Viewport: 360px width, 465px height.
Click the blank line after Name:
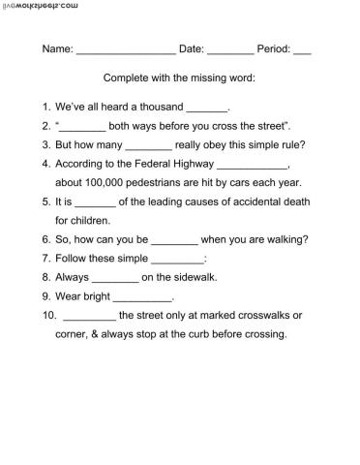click(x=125, y=50)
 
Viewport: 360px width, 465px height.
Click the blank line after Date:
click(x=230, y=50)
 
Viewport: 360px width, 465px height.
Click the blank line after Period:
click(x=302, y=50)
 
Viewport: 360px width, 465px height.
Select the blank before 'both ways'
click(x=82, y=128)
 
